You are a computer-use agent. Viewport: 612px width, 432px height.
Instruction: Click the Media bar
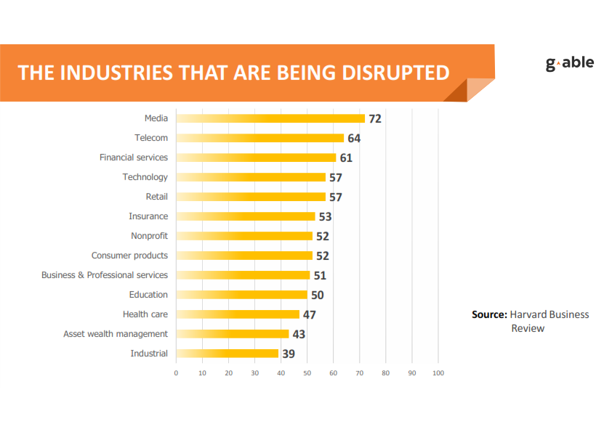pyautogui.click(x=270, y=118)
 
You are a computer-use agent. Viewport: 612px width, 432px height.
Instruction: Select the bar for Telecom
pyautogui.click(x=260, y=138)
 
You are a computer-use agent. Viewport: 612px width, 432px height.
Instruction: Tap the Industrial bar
pyautogui.click(x=228, y=354)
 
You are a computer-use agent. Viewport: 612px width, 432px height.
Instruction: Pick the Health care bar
pyautogui.click(x=238, y=314)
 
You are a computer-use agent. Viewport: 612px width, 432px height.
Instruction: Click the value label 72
pyautogui.click(x=375, y=119)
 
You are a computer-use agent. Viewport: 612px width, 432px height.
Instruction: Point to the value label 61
pyautogui.click(x=346, y=158)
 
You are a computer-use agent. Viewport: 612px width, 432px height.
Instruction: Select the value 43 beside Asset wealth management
pyautogui.click(x=299, y=335)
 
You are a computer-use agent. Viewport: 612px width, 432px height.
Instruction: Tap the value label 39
pyautogui.click(x=289, y=354)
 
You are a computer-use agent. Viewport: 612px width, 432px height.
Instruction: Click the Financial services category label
pyautogui.click(x=134, y=158)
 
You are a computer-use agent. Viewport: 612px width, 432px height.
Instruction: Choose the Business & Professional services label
pyautogui.click(x=105, y=275)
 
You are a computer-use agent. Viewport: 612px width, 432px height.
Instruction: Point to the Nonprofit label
pyautogui.click(x=149, y=236)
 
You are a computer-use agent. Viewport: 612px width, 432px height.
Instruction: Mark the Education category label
pyautogui.click(x=149, y=295)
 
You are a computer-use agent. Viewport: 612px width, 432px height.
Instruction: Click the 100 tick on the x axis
pyautogui.click(x=438, y=373)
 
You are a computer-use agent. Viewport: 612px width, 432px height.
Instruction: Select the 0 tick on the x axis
pyautogui.click(x=176, y=373)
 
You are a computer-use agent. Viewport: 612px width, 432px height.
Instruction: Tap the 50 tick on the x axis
pyautogui.click(x=307, y=373)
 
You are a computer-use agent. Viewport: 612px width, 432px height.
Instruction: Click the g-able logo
pyautogui.click(x=569, y=63)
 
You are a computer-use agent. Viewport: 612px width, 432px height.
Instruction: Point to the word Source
pyautogui.click(x=489, y=314)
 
